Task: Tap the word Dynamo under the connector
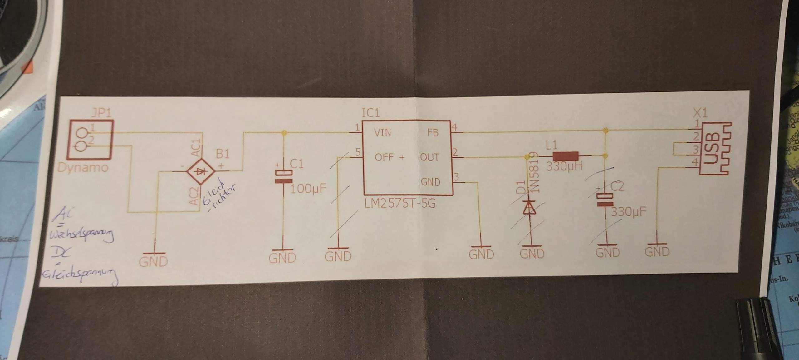click(83, 168)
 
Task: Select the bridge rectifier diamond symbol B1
click(200, 171)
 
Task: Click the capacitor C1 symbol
click(283, 176)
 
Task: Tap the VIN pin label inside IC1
click(382, 133)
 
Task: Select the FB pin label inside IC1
click(433, 133)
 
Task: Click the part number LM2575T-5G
click(400, 204)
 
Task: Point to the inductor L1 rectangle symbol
click(565, 156)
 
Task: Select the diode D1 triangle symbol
click(529, 207)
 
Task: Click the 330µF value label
click(628, 212)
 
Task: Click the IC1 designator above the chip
click(370, 113)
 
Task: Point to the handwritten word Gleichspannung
click(80, 276)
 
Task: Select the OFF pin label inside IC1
click(384, 157)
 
